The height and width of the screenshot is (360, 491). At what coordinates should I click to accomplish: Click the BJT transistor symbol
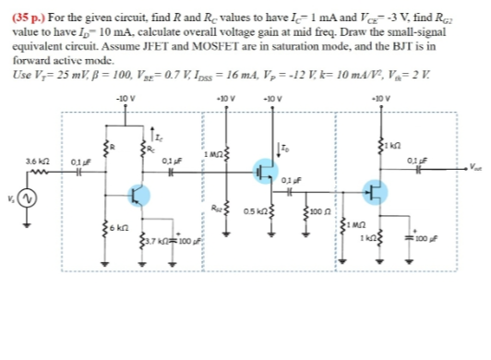(138, 195)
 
